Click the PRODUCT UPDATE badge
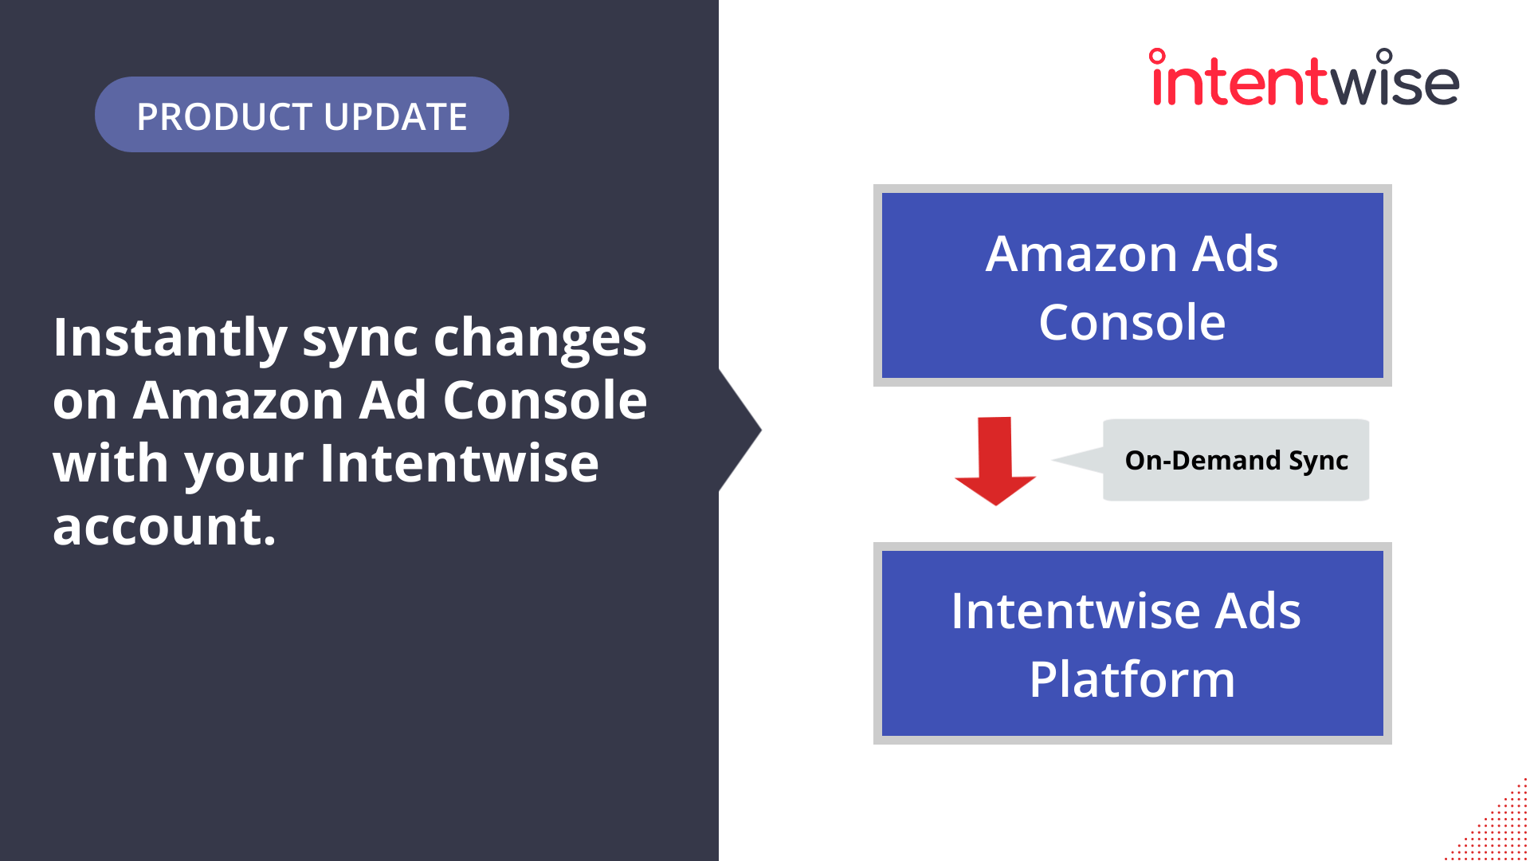click(x=301, y=115)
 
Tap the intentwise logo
click(x=1304, y=80)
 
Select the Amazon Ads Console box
click(x=1132, y=285)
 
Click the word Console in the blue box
click(x=1132, y=323)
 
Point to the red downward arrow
click(x=994, y=462)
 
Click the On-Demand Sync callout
click(x=1235, y=461)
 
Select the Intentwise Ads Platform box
click(x=1132, y=643)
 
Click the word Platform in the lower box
click(x=1132, y=680)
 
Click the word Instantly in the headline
click(x=170, y=338)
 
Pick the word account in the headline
click(x=163, y=527)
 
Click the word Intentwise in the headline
click(x=459, y=463)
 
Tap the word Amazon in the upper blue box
click(x=1081, y=255)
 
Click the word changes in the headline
click(x=539, y=338)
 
